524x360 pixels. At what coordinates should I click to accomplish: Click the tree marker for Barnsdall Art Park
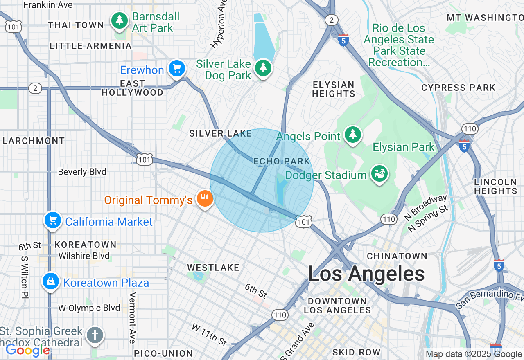pos(119,20)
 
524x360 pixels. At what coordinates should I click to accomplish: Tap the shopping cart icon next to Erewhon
pos(177,68)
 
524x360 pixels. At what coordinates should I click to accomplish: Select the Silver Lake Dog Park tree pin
pos(263,67)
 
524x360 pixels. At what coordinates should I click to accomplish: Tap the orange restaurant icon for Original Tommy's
pos(205,199)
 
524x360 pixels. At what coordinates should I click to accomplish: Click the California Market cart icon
pos(52,220)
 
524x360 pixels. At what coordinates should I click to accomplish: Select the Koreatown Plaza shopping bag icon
pos(51,281)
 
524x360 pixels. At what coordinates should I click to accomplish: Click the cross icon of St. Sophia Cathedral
pos(95,335)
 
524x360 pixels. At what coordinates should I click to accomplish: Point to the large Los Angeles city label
pos(366,274)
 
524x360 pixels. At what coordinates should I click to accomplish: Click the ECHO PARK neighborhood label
pos(282,162)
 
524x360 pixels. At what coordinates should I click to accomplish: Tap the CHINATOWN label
pos(397,256)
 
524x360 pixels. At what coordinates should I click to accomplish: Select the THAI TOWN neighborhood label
pos(76,25)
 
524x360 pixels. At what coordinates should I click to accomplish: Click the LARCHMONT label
pos(34,141)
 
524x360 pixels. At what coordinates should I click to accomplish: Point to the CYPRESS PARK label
pos(458,88)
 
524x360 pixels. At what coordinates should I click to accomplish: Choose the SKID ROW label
pos(356,352)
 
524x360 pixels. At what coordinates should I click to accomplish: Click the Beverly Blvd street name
pos(82,172)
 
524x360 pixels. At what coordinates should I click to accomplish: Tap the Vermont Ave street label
pos(132,318)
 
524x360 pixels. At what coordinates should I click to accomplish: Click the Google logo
pos(27,351)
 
